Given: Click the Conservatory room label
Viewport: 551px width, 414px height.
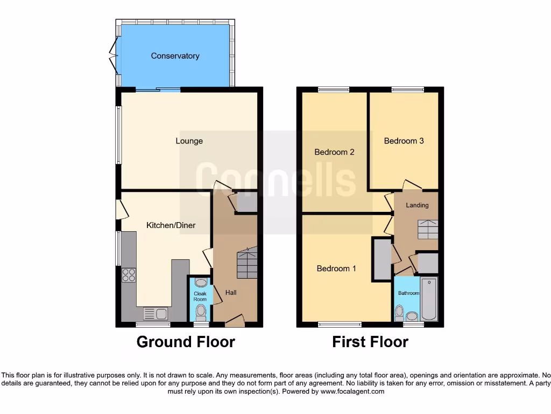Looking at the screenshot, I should click(175, 56).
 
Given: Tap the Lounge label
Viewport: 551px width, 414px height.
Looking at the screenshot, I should click(189, 141).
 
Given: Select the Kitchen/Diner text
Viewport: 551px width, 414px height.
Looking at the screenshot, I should click(171, 225).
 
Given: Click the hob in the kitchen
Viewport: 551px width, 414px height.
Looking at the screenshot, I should click(129, 275).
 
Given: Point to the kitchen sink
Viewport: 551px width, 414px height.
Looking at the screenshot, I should click(156, 313).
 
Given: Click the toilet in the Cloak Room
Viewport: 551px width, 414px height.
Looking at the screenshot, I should click(201, 312).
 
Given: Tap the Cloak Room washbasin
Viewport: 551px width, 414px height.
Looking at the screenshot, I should click(200, 283).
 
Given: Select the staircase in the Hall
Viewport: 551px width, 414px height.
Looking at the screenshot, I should click(247, 262).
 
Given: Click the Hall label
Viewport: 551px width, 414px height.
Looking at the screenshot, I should click(231, 293).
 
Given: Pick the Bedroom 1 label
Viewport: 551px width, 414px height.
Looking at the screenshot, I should click(336, 268).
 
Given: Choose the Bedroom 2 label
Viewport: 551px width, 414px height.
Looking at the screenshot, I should click(334, 152).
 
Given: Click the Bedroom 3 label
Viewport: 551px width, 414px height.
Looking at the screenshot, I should click(404, 141).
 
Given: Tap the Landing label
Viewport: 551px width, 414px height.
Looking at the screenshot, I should click(417, 205).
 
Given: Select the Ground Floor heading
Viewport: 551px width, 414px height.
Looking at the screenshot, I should click(186, 342).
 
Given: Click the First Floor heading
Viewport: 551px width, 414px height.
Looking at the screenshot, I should click(370, 342).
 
